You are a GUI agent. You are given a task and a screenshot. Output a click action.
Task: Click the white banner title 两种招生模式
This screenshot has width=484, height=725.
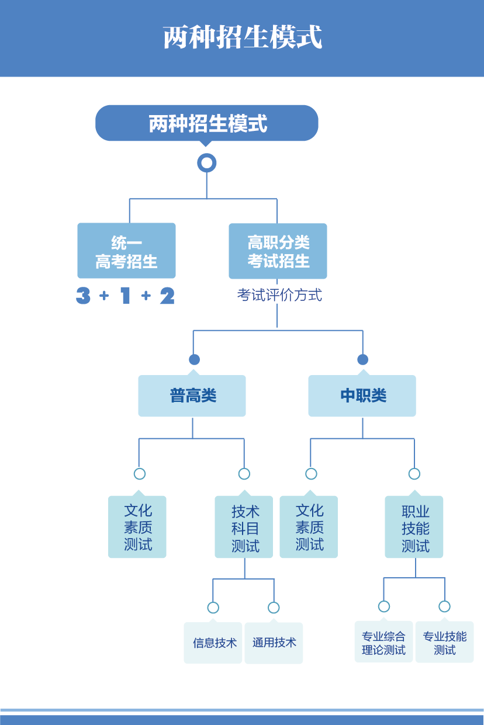pos(242,37)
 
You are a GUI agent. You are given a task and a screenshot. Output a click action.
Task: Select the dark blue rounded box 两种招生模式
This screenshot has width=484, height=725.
pos(206,123)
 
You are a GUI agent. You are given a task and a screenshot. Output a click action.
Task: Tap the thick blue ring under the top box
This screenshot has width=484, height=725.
pos(207,162)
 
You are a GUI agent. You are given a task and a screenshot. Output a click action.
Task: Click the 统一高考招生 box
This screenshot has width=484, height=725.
pos(126,251)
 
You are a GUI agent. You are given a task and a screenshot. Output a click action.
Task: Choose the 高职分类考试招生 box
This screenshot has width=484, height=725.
pos(278,251)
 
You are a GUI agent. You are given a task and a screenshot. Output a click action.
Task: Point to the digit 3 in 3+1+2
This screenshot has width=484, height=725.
pos(84,296)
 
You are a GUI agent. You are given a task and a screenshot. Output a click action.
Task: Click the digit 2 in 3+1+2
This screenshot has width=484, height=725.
pos(167,296)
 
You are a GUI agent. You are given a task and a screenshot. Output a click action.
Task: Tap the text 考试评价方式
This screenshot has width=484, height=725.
pos(279,295)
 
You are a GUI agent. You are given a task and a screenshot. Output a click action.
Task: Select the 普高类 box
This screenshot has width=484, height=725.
pos(192,396)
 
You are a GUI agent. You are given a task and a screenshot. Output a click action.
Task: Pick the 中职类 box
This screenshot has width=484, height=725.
pos(362,396)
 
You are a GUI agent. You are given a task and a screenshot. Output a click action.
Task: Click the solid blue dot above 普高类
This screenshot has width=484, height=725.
pos(194,359)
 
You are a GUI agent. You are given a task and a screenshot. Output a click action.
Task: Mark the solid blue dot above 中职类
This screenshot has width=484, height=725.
pos(362,359)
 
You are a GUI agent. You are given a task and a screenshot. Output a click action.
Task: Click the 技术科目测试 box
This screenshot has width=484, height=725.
pos(244,527)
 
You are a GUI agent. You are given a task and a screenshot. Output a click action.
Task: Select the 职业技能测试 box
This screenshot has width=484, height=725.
pos(414,527)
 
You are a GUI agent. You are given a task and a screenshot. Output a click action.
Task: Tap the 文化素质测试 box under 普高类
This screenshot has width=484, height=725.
pos(137,527)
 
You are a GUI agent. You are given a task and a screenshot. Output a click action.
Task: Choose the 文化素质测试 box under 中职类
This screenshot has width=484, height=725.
pos(309,527)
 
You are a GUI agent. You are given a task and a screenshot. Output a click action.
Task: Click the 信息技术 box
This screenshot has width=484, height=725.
pos(213,643)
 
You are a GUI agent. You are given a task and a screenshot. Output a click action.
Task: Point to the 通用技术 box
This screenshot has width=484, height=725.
pos(274,643)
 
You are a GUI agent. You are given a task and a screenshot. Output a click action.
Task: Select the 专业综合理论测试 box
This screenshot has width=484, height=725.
pos(383,642)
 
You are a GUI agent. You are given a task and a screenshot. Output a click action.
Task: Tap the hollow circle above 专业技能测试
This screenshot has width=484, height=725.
pos(444,606)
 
